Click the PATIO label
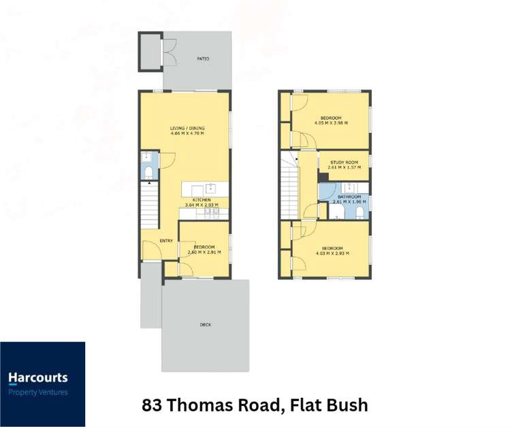pyautogui.click(x=203, y=59)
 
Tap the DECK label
pyautogui.click(x=206, y=325)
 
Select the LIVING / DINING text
pyautogui.click(x=187, y=128)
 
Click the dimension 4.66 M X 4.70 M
pyautogui.click(x=187, y=133)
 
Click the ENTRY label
pyautogui.click(x=166, y=241)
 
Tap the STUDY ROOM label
pyautogui.click(x=344, y=163)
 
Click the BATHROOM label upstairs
pyautogui.click(x=349, y=197)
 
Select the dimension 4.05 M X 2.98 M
pyautogui.click(x=331, y=123)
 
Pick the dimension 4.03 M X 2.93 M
pyautogui.click(x=332, y=254)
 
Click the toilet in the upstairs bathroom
pyautogui.click(x=359, y=213)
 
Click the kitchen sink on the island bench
pyautogui.click(x=210, y=188)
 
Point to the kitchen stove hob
pyautogui.click(x=212, y=212)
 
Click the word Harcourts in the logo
pyautogui.click(x=37, y=378)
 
